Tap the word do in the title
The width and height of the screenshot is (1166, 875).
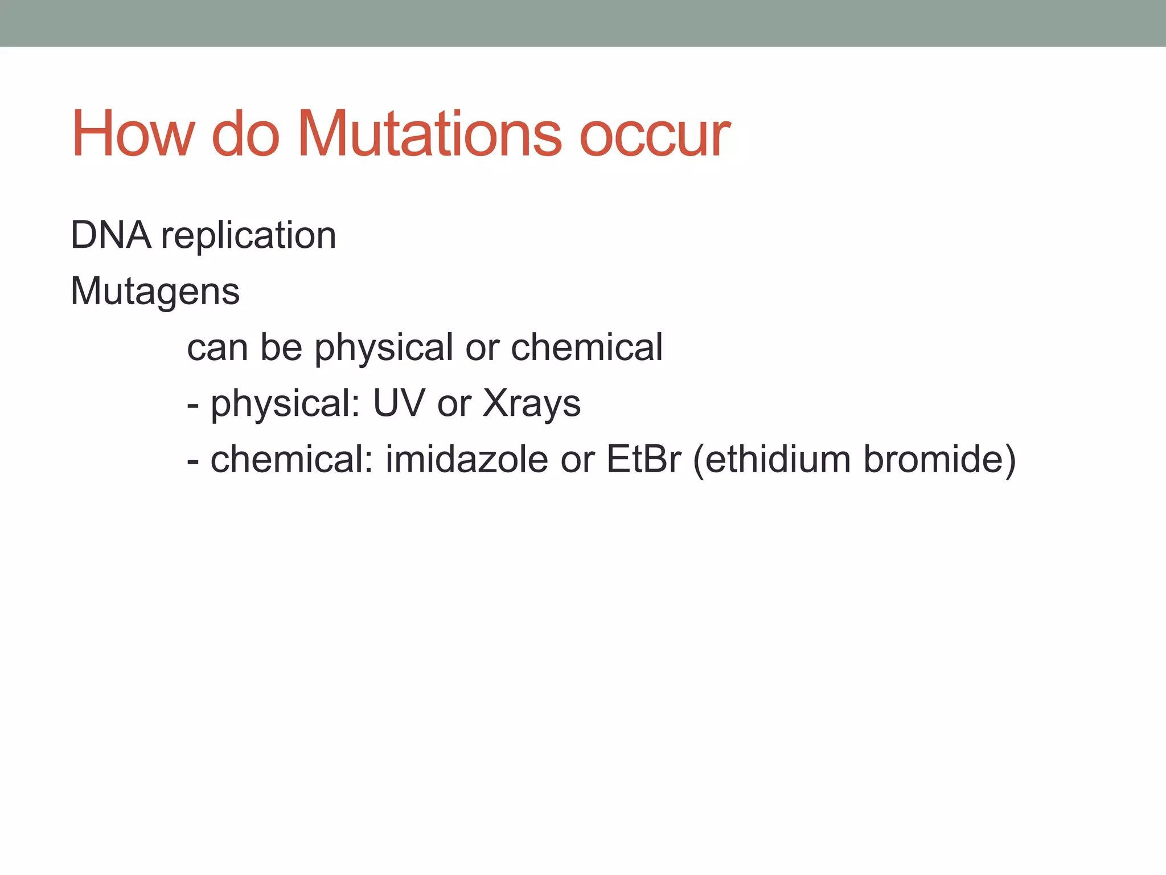click(x=245, y=134)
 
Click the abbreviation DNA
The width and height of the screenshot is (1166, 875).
click(x=111, y=235)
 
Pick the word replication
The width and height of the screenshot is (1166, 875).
click(x=249, y=236)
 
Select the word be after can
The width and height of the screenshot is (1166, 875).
click(x=281, y=347)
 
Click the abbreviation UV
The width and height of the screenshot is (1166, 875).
click(x=399, y=403)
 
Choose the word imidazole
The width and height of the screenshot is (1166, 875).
click(x=467, y=459)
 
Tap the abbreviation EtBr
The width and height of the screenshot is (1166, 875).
click(x=643, y=459)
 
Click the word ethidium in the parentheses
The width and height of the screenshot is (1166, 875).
click(x=778, y=459)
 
